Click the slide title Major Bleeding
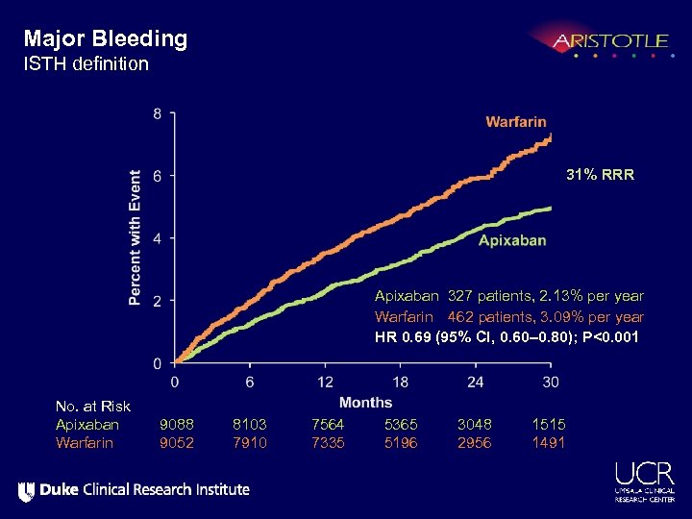[106, 39]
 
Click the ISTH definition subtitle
[86, 64]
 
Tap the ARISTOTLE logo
[609, 42]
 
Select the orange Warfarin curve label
[515, 122]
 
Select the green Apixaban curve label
[512, 240]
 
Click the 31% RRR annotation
[600, 176]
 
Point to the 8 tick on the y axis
[158, 114]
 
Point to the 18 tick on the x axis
[400, 382]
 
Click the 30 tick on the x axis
[551, 382]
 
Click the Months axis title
[365, 403]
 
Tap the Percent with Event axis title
[136, 237]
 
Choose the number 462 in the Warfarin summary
[462, 317]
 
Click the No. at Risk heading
[92, 407]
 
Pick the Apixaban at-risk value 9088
[177, 424]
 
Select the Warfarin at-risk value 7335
[328, 442]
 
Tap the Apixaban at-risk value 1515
[549, 424]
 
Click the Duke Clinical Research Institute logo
[134, 490]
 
